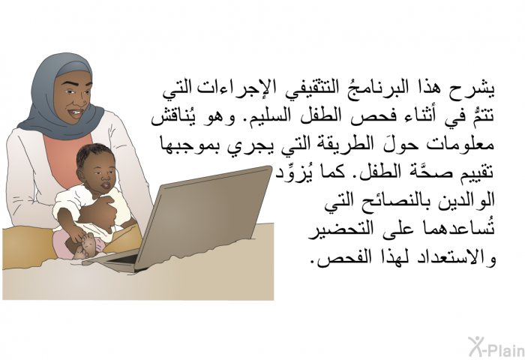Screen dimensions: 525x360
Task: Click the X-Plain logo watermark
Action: coord(496,347)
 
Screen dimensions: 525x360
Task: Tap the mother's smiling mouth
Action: coord(75,112)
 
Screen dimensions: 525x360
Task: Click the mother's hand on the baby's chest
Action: coord(101,210)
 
